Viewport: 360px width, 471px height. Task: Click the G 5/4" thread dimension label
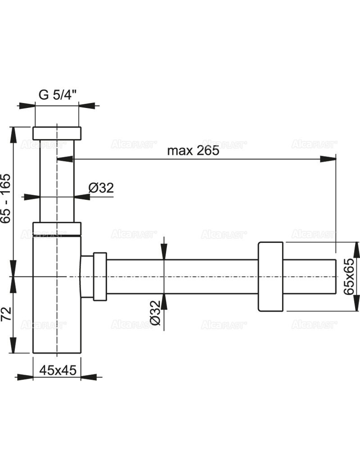(57, 95)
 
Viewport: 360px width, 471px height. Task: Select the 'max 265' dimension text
(193, 150)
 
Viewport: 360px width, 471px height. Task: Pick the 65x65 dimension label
(349, 276)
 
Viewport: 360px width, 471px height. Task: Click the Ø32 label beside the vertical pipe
(101, 188)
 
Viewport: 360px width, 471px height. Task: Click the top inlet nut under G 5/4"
(57, 133)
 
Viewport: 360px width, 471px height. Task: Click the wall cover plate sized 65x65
(270, 276)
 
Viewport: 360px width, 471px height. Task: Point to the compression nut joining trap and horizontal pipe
(99, 276)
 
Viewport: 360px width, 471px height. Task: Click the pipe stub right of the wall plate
(310, 276)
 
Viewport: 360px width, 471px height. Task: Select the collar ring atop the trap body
(57, 229)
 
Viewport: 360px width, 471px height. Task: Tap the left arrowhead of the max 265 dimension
(64, 158)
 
